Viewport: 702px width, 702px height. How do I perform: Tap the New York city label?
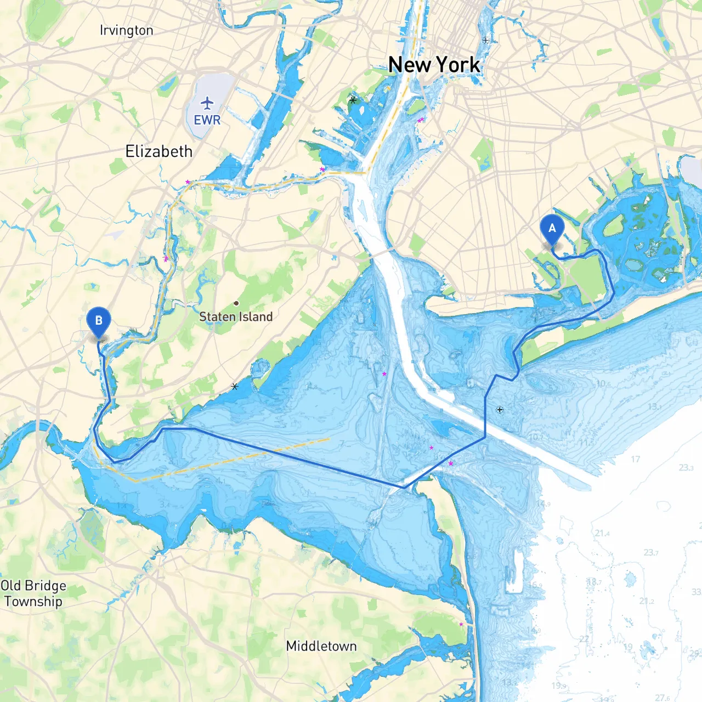point(434,65)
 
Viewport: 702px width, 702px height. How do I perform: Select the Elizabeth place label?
point(158,151)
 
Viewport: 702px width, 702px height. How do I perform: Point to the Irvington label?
point(126,30)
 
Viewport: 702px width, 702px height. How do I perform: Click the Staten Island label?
point(236,316)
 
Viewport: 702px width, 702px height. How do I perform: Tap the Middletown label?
point(321,646)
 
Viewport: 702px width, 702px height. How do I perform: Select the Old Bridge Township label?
point(33,593)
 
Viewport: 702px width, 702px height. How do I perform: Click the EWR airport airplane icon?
point(207,103)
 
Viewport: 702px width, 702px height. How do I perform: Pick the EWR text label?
point(207,120)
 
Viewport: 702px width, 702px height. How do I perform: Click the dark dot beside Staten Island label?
point(236,303)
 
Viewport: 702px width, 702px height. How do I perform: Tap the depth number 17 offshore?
point(635,459)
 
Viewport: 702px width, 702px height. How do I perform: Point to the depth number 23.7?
point(651,552)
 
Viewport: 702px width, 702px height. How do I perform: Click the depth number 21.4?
point(602,533)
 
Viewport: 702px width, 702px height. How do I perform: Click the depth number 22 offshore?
point(584,639)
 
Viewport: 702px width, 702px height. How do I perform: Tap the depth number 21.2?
point(646,601)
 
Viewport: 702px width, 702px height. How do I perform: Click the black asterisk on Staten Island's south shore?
point(235,387)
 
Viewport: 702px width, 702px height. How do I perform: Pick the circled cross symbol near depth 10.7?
point(500,410)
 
